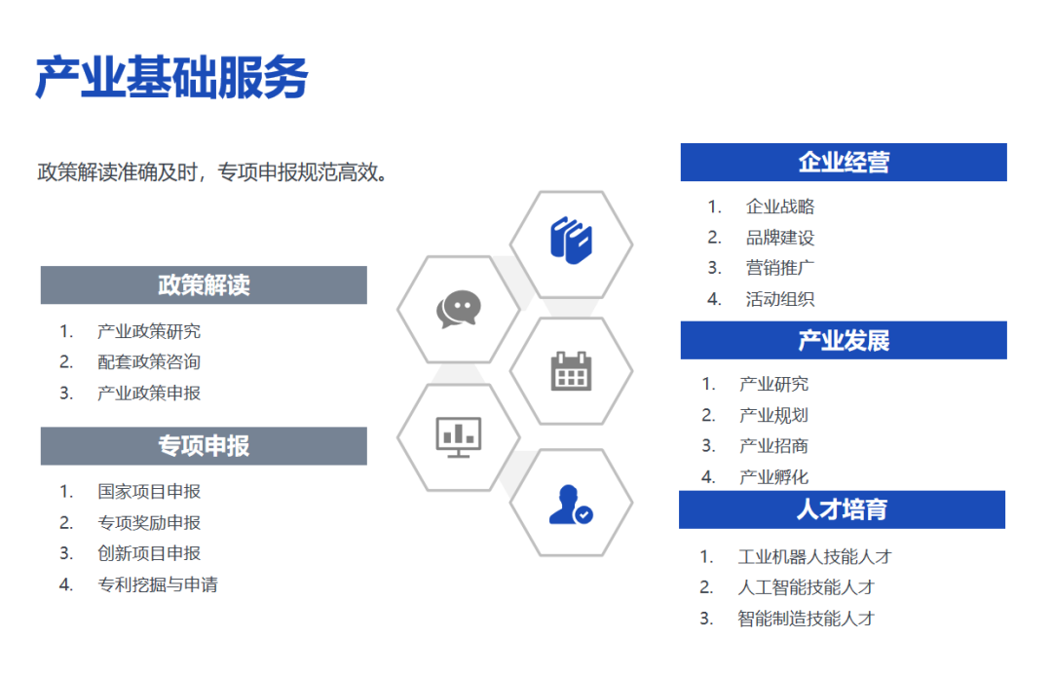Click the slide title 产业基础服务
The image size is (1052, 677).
(171, 78)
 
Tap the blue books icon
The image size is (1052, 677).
(571, 241)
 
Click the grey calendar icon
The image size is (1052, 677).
(571, 371)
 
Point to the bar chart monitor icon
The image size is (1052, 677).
(459, 436)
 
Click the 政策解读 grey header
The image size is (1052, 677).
(204, 285)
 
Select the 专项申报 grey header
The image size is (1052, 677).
(204, 446)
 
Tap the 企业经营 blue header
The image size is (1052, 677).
(844, 163)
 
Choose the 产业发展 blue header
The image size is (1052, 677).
(844, 340)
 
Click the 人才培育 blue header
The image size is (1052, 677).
(842, 509)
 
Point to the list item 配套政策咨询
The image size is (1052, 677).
(149, 362)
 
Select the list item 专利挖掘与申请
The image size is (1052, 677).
(158, 585)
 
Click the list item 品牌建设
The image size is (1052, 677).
(780, 238)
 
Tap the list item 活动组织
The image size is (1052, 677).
(780, 299)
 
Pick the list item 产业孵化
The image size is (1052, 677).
(773, 477)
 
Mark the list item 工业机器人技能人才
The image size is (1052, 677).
(815, 557)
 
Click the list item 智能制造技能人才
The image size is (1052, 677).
(807, 619)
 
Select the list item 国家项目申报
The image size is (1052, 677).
(149, 492)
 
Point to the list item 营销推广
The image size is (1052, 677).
(780, 269)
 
